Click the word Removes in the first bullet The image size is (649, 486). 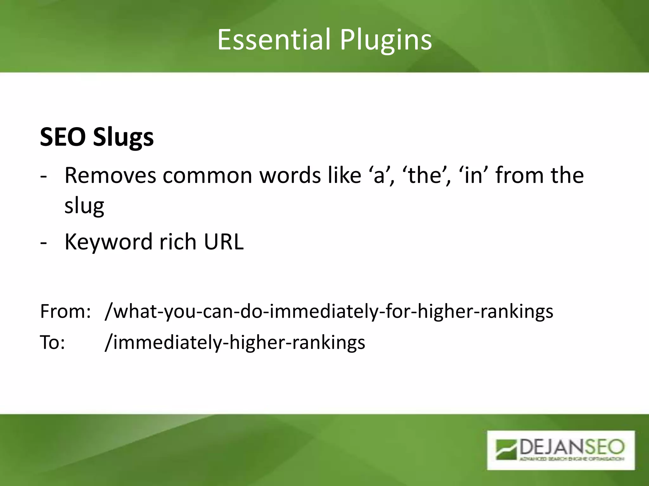tap(110, 175)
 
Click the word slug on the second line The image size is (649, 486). tap(84, 206)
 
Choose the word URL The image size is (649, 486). tap(223, 242)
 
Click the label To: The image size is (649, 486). tap(53, 342)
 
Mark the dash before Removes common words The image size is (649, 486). tap(43, 177)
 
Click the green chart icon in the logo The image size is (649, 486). tap(506, 449)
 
